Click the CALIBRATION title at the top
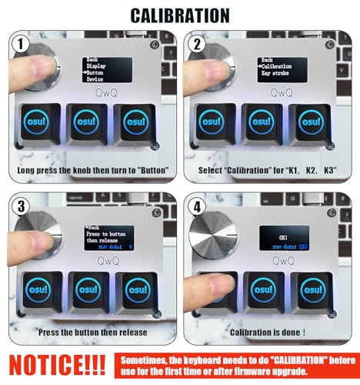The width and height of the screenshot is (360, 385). click(x=179, y=15)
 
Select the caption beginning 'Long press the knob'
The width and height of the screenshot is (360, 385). click(x=90, y=169)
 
